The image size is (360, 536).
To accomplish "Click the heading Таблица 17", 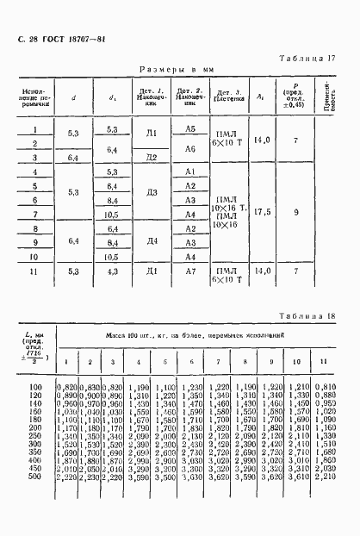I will pos(311,58).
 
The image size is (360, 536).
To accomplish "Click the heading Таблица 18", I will pos(309,316).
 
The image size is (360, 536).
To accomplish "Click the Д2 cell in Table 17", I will pos(152,158).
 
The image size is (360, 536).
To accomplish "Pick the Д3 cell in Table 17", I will pos(152,191).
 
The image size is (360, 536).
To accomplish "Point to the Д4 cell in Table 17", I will pos(152,242).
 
